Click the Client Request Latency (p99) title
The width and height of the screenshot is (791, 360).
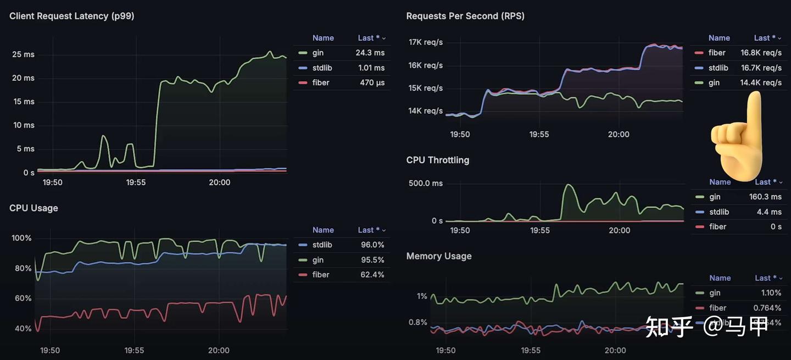click(72, 16)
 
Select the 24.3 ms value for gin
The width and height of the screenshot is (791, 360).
click(370, 53)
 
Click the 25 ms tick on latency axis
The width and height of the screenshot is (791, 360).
click(23, 54)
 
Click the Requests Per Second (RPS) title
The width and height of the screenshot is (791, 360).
click(465, 16)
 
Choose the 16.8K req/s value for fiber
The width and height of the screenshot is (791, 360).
click(761, 53)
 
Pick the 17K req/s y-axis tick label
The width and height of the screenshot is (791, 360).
click(425, 42)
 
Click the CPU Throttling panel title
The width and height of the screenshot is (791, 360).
click(437, 160)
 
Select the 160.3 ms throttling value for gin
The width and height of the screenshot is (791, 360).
click(765, 197)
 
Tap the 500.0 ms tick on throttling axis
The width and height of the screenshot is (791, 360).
click(425, 183)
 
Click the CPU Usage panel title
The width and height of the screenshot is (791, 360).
click(34, 208)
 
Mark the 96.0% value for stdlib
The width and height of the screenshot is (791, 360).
click(372, 245)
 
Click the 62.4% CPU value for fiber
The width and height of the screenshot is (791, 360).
click(372, 274)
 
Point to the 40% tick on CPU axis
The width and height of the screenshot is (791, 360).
click(23, 328)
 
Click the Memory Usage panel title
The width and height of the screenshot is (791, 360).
click(438, 256)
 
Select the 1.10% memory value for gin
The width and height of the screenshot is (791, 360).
click(771, 293)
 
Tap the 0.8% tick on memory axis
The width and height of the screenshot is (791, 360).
click(417, 322)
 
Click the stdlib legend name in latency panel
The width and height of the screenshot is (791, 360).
click(322, 68)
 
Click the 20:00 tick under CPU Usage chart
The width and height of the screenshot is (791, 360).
click(219, 350)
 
